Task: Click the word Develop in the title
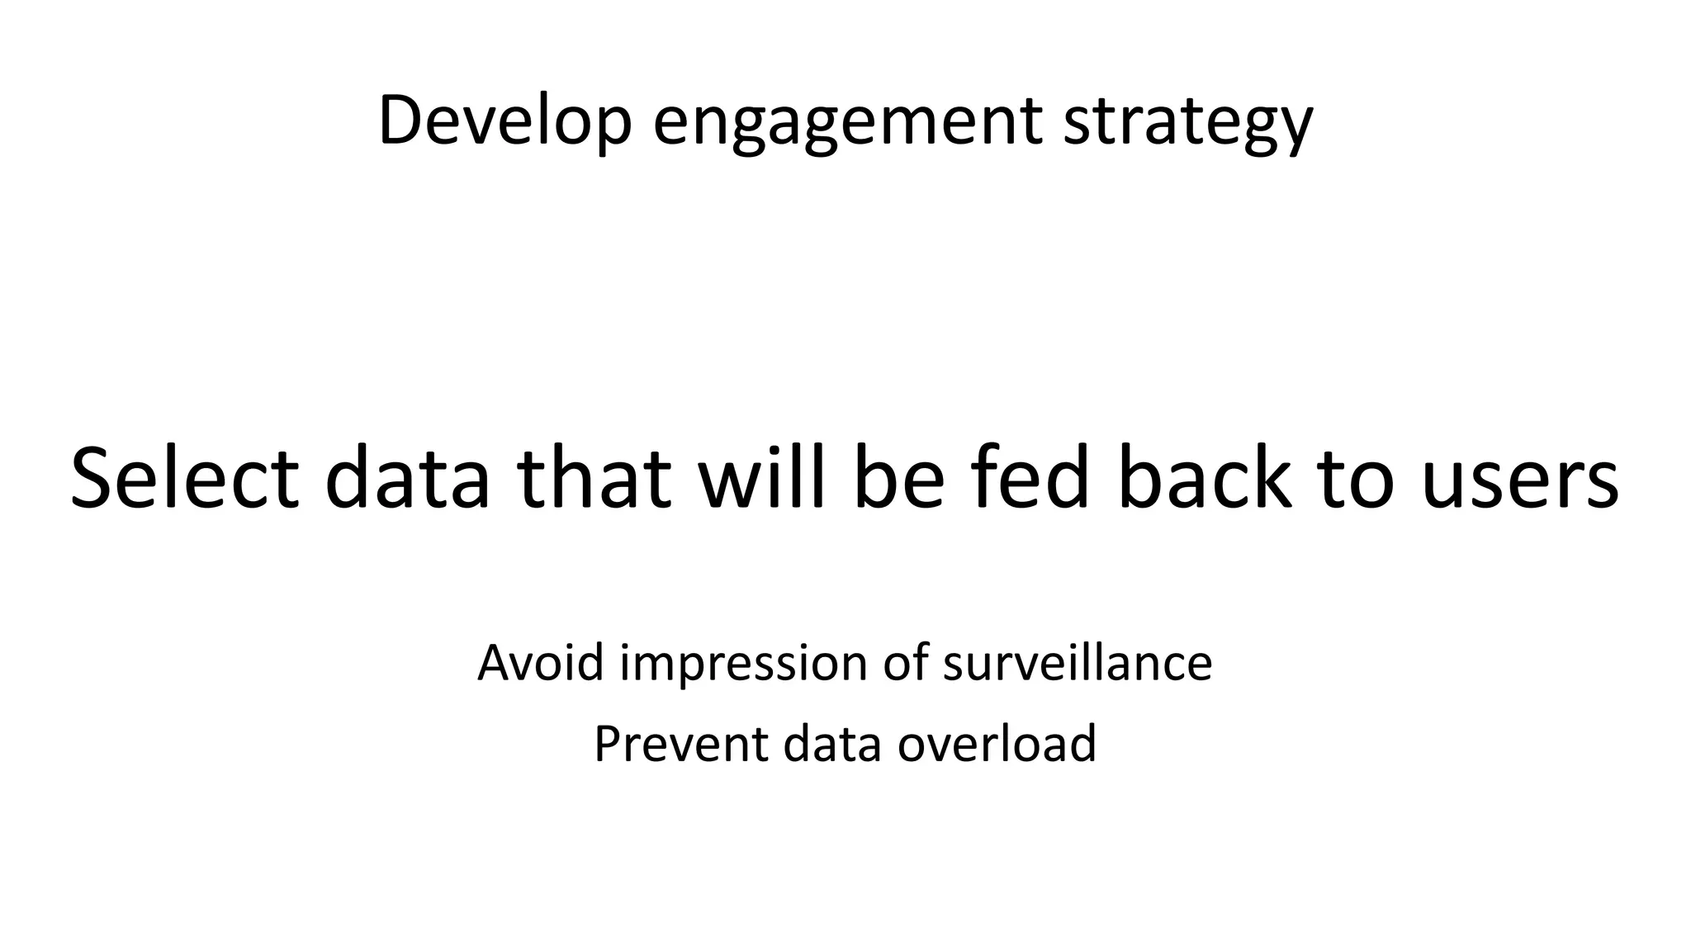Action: point(504,121)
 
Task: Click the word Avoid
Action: point(541,662)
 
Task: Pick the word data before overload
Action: point(832,743)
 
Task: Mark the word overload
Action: point(997,743)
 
